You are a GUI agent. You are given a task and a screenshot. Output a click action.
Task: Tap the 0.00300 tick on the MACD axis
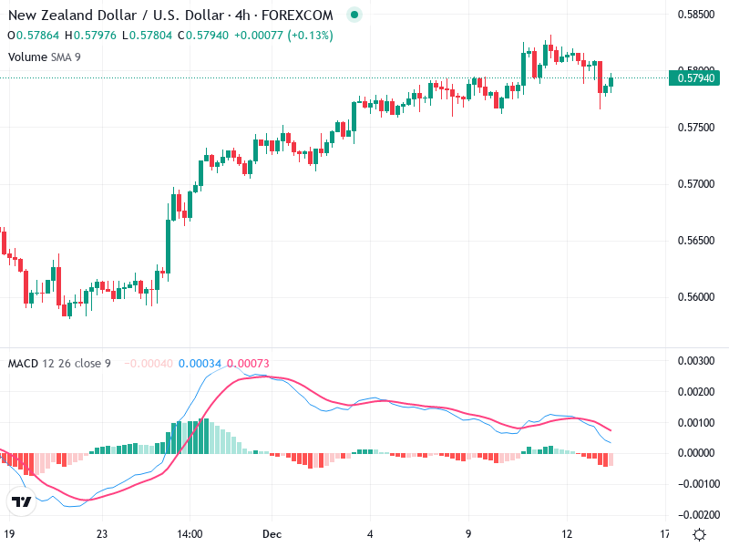[695, 361]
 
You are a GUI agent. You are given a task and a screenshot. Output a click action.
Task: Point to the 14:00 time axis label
[190, 533]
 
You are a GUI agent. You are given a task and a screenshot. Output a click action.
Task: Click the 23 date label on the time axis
[103, 533]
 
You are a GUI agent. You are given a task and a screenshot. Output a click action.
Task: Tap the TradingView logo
[21, 501]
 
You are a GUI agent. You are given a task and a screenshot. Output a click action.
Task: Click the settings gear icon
[699, 534]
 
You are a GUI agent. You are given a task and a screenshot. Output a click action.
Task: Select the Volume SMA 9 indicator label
[45, 57]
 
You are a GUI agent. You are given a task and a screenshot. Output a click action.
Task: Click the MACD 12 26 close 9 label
[59, 364]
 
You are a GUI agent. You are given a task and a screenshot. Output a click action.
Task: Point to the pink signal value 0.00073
[247, 364]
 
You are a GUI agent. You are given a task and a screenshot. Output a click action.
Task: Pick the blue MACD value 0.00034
[199, 364]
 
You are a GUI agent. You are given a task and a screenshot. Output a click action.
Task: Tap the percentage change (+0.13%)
[311, 36]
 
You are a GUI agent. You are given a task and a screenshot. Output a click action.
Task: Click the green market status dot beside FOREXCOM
[354, 15]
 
